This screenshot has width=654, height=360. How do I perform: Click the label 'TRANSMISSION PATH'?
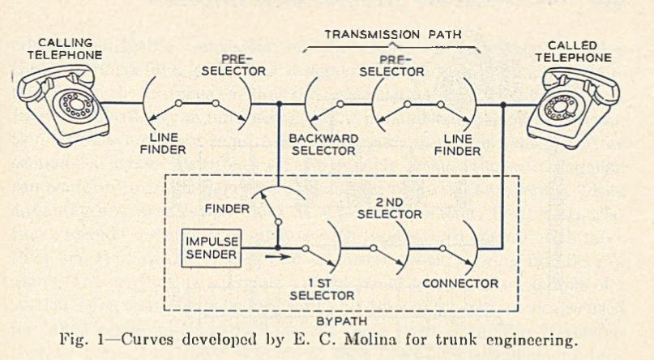[393, 35]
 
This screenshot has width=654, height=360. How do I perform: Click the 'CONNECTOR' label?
[460, 284]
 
